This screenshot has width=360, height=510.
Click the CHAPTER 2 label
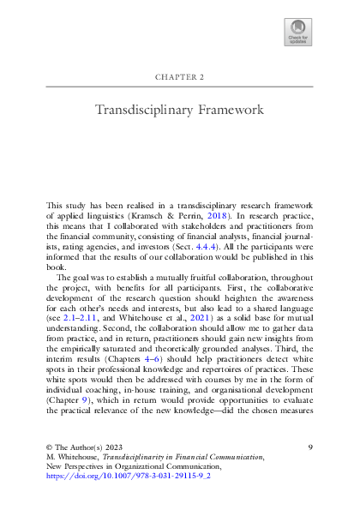pos(179,76)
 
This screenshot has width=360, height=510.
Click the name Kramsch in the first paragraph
pos(166,218)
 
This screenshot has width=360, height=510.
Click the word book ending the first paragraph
pos(56,266)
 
